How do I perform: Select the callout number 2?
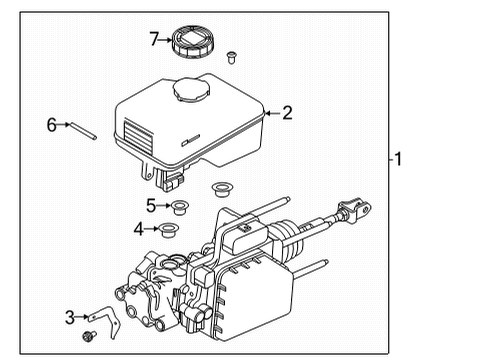point(287,113)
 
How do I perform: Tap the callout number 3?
point(69,318)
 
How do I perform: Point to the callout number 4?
point(139,230)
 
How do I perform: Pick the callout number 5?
point(151,206)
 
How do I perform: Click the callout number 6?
point(51,125)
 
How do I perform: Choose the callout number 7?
point(154,40)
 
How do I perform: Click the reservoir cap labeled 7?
point(194,43)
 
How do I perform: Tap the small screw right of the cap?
point(232,54)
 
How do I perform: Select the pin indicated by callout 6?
point(83,130)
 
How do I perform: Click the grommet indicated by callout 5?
point(181,208)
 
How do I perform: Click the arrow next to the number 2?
point(270,113)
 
